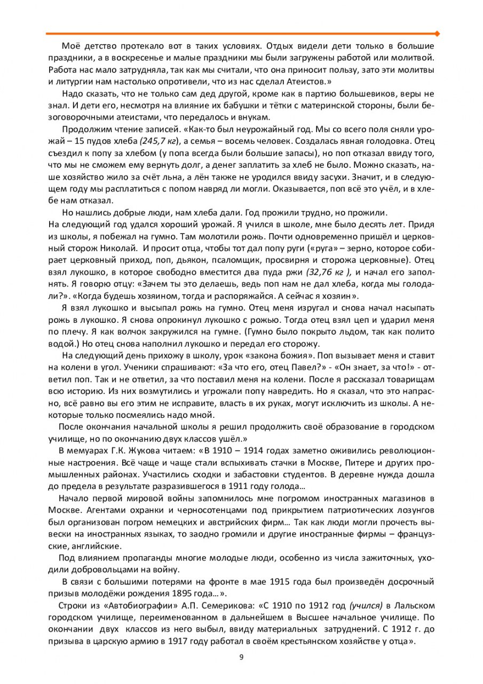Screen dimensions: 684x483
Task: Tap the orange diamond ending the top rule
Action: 437,33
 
